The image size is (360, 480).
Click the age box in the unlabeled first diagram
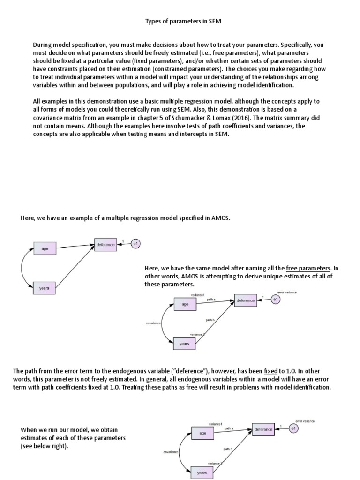[45, 248]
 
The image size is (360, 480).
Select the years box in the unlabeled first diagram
[45, 288]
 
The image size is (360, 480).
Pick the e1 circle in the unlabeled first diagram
[135, 244]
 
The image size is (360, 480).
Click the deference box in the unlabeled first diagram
[105, 245]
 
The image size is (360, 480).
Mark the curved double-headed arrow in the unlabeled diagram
[22, 269]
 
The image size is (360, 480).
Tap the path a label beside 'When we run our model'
[229, 428]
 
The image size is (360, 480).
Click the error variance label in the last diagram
[305, 421]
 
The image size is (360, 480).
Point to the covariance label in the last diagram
[171, 452]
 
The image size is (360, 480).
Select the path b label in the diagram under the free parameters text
[210, 320]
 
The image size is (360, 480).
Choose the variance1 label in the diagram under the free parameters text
[197, 295]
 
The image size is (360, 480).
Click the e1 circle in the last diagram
[293, 428]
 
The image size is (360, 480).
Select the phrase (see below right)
[45, 446]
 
